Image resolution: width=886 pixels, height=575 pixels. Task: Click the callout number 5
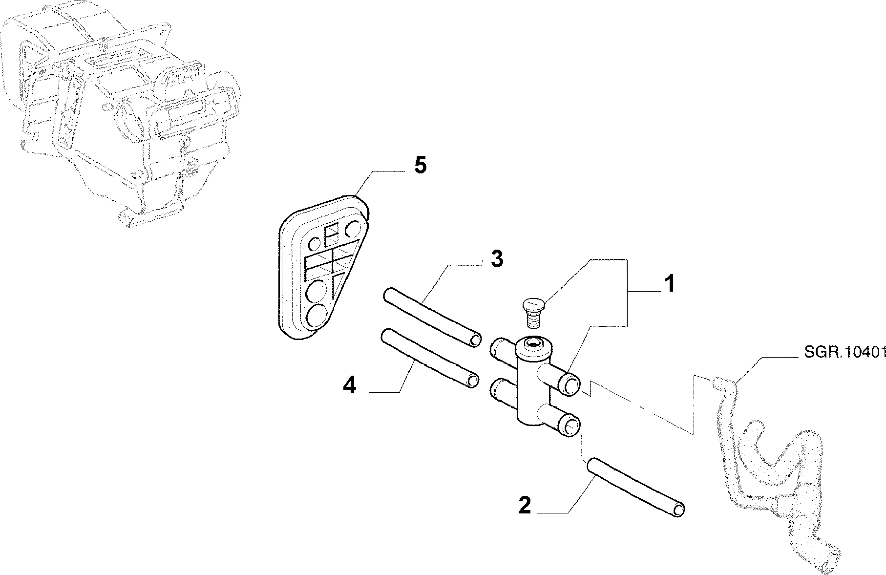tap(420, 166)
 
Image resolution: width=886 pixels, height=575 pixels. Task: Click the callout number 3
tap(497, 259)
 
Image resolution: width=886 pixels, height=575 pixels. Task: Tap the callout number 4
tap(350, 386)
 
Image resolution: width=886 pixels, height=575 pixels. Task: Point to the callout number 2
tap(524, 505)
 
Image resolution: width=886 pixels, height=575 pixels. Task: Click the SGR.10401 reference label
tap(844, 366)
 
